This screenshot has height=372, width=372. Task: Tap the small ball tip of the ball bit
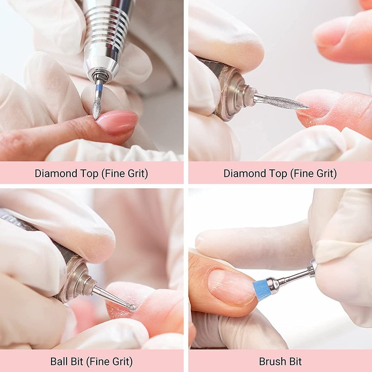pyautogui.click(x=132, y=307)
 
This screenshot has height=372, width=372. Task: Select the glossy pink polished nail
pyautogui.click(x=118, y=121)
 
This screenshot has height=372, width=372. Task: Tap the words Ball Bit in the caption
pyautogui.click(x=66, y=362)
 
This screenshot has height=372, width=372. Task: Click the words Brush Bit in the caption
pyautogui.click(x=280, y=362)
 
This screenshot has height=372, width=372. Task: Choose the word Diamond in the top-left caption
pyautogui.click(x=56, y=173)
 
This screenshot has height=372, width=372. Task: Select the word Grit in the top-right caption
pyautogui.click(x=325, y=173)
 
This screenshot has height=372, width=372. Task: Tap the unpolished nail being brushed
pyautogui.click(x=231, y=286)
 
